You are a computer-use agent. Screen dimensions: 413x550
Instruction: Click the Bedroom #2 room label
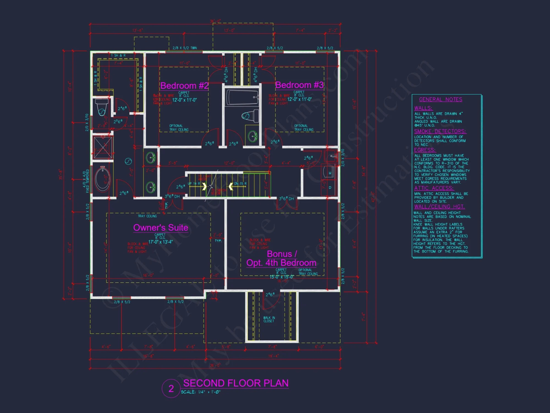[x=184, y=86]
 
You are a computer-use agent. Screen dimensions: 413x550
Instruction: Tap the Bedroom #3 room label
[x=299, y=85]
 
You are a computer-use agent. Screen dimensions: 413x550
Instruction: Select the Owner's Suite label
[x=161, y=228]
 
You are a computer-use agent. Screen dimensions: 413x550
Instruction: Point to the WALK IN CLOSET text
[x=269, y=319]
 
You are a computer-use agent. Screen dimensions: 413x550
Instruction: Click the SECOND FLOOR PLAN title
[x=236, y=383]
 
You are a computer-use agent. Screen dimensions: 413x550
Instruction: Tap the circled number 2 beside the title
[x=171, y=388]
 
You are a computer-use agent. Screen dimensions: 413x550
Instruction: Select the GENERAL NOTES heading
[x=441, y=99]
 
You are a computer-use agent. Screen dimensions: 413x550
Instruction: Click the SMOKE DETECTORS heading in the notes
[x=440, y=131]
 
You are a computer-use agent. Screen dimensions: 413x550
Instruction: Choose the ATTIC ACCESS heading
[x=434, y=188]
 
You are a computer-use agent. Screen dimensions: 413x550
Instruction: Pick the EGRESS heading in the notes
[x=425, y=150]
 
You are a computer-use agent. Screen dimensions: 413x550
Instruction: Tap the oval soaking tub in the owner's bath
[x=103, y=179]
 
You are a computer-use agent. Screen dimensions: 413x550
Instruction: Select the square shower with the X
[x=103, y=148]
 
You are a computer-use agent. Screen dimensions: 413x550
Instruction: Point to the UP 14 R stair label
[x=194, y=184]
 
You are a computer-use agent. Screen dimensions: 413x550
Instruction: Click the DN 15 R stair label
[x=240, y=184]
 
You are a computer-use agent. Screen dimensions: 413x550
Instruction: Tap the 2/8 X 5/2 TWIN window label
[x=185, y=48]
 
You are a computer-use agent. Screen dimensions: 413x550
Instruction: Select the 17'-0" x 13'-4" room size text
[x=161, y=242]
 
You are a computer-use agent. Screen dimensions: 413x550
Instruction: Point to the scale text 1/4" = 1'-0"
[x=201, y=392]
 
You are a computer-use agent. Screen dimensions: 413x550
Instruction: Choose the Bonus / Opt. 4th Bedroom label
[x=281, y=258]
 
